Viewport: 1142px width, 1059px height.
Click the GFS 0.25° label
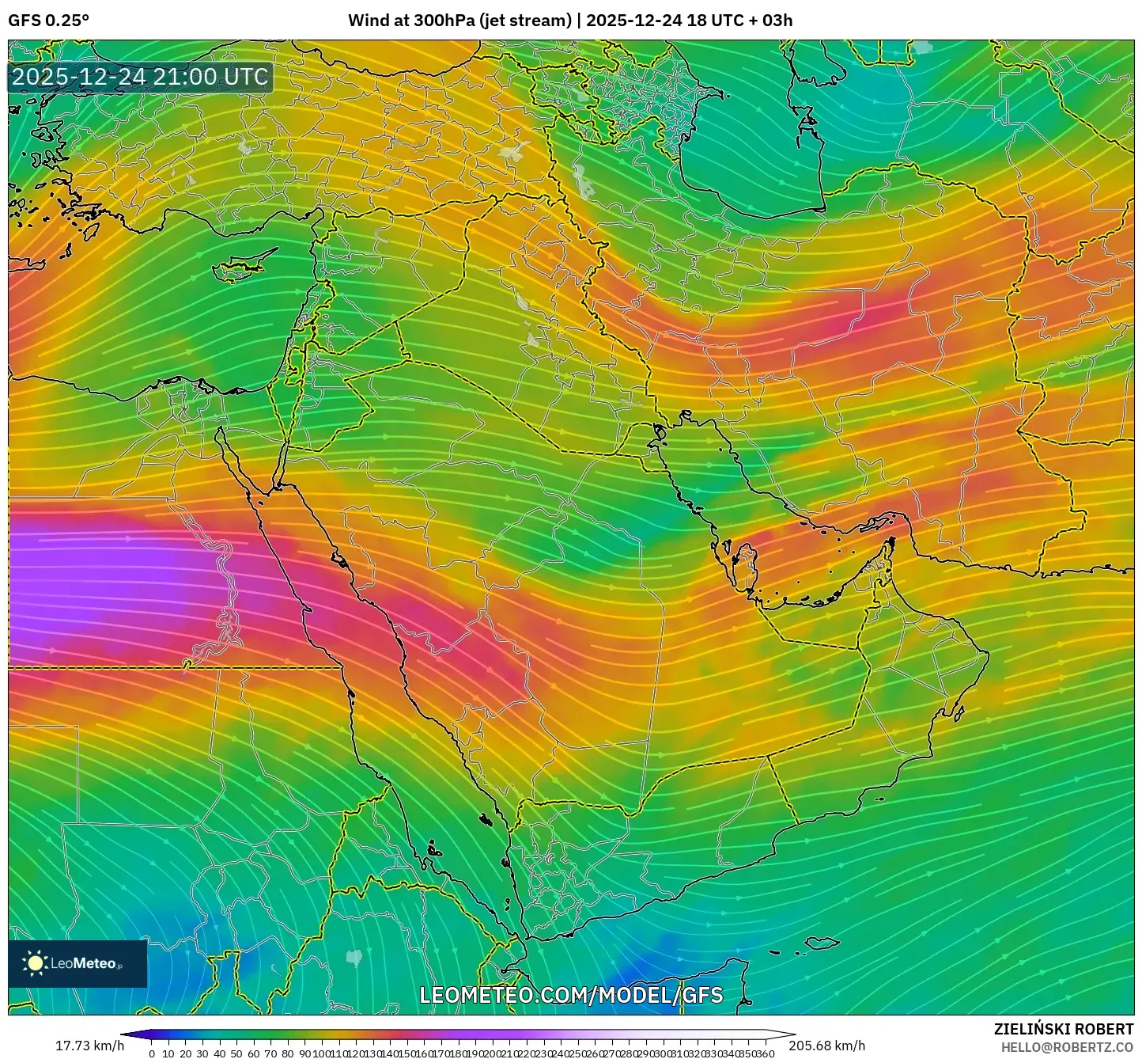(x=48, y=21)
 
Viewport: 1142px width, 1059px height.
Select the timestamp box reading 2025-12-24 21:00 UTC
(x=140, y=77)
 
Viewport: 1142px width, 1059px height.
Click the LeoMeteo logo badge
(x=78, y=963)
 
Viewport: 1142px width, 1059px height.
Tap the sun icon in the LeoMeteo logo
(x=35, y=963)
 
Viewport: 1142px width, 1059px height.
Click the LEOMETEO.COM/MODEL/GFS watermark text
(x=571, y=995)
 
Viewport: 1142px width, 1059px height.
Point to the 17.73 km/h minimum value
(x=89, y=1046)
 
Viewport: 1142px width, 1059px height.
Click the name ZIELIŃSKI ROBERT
(x=1064, y=1029)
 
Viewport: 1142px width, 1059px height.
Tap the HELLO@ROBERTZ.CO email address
(x=1067, y=1046)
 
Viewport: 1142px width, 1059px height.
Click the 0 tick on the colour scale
(x=152, y=1053)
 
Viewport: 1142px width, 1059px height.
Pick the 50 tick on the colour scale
(x=236, y=1053)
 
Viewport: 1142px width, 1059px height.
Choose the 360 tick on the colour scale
(x=765, y=1053)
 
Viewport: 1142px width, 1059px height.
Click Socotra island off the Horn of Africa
(x=822, y=943)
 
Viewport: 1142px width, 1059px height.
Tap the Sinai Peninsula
(x=251, y=459)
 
